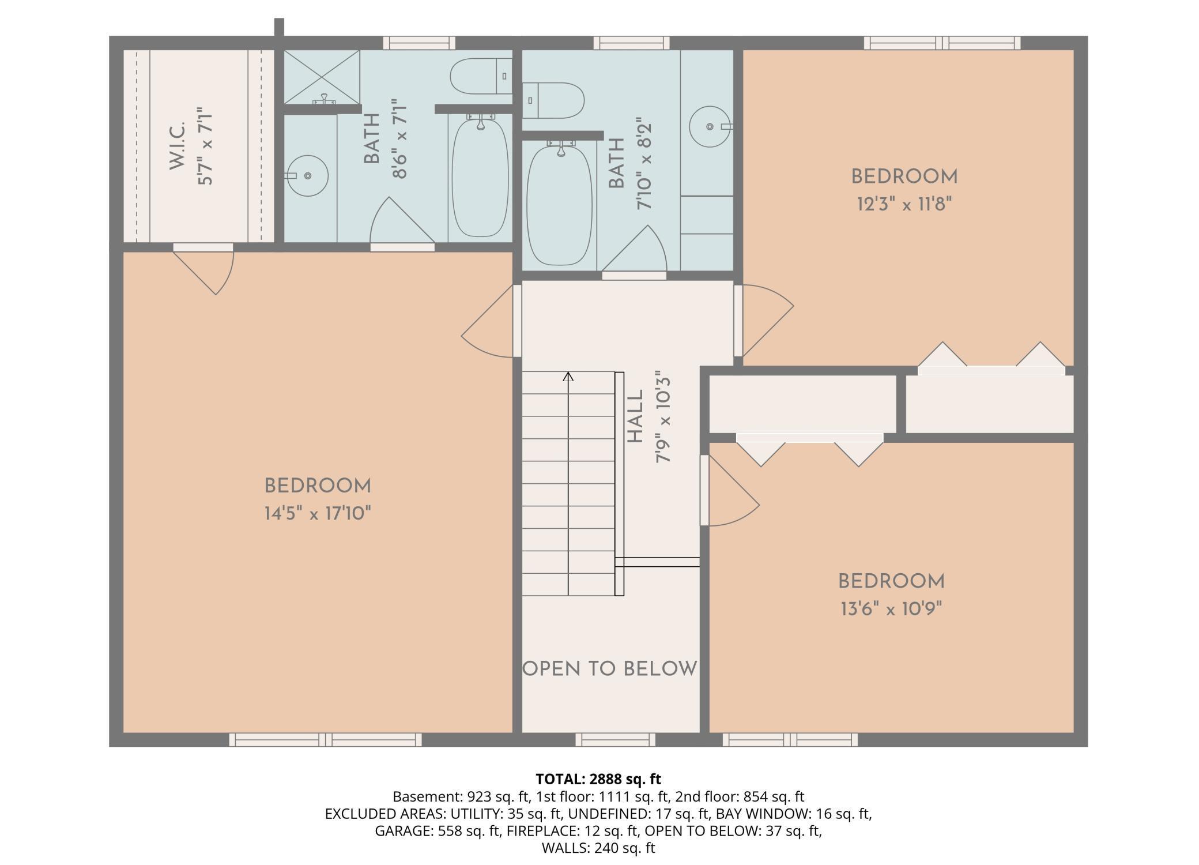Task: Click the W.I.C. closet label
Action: pyautogui.click(x=177, y=146)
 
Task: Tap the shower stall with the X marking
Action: pyautogui.click(x=322, y=77)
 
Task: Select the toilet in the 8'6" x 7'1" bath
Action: pyautogui.click(x=481, y=76)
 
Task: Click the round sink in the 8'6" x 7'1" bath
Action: pyautogui.click(x=307, y=175)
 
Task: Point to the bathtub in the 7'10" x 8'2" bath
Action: pyautogui.click(x=559, y=205)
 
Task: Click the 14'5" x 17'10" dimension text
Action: pyautogui.click(x=318, y=513)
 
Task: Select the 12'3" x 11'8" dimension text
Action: pyautogui.click(x=904, y=204)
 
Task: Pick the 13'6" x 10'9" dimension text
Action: pyautogui.click(x=891, y=609)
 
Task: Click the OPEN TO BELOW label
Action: pyautogui.click(x=610, y=669)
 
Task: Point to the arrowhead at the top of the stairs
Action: pyautogui.click(x=568, y=377)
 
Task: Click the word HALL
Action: pyautogui.click(x=635, y=417)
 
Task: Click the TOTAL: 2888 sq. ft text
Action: pyautogui.click(x=598, y=779)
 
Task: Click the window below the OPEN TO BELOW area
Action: pyautogui.click(x=616, y=739)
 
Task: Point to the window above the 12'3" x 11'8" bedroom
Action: pyautogui.click(x=942, y=43)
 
